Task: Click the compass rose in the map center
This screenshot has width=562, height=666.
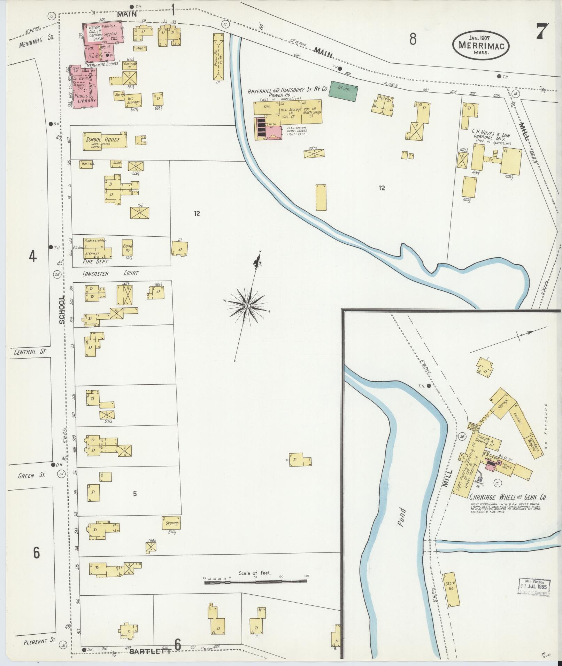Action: tap(247, 306)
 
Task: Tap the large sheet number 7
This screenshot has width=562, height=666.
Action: tap(542, 32)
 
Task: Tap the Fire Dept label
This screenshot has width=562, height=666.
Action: tap(95, 261)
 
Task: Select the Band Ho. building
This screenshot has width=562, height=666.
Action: tap(128, 248)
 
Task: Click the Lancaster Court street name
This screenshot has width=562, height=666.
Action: tap(110, 273)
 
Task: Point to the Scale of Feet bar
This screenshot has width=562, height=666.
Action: tap(255, 581)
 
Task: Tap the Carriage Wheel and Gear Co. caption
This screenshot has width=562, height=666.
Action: tap(508, 497)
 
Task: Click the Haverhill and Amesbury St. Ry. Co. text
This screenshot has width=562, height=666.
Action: tap(288, 90)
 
